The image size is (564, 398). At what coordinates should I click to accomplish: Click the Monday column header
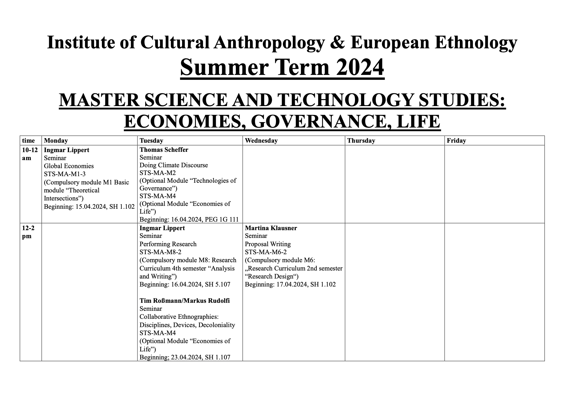(x=56, y=141)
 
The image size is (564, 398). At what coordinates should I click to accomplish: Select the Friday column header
(x=456, y=141)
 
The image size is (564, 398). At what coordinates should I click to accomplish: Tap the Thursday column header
(x=361, y=141)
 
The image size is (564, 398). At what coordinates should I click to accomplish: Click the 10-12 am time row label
(x=30, y=154)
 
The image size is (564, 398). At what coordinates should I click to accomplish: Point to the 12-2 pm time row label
(x=28, y=232)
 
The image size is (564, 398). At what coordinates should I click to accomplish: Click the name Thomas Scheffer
(x=164, y=150)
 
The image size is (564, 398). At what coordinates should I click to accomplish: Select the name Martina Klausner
(x=271, y=228)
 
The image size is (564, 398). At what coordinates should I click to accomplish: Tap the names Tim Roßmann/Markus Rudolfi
(x=184, y=301)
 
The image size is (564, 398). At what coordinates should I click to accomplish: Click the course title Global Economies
(x=69, y=166)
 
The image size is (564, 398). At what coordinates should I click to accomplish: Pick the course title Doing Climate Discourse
(x=173, y=165)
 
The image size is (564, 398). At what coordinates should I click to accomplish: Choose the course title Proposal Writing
(x=268, y=244)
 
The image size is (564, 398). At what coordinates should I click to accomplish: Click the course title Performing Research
(x=168, y=244)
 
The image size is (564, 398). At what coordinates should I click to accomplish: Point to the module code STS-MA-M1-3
(x=65, y=174)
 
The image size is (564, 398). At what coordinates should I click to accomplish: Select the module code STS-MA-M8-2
(x=160, y=252)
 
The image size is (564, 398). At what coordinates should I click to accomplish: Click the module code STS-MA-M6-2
(x=266, y=252)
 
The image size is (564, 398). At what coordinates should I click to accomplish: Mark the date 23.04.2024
(x=186, y=357)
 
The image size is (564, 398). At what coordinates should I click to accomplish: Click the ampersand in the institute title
(x=338, y=42)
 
